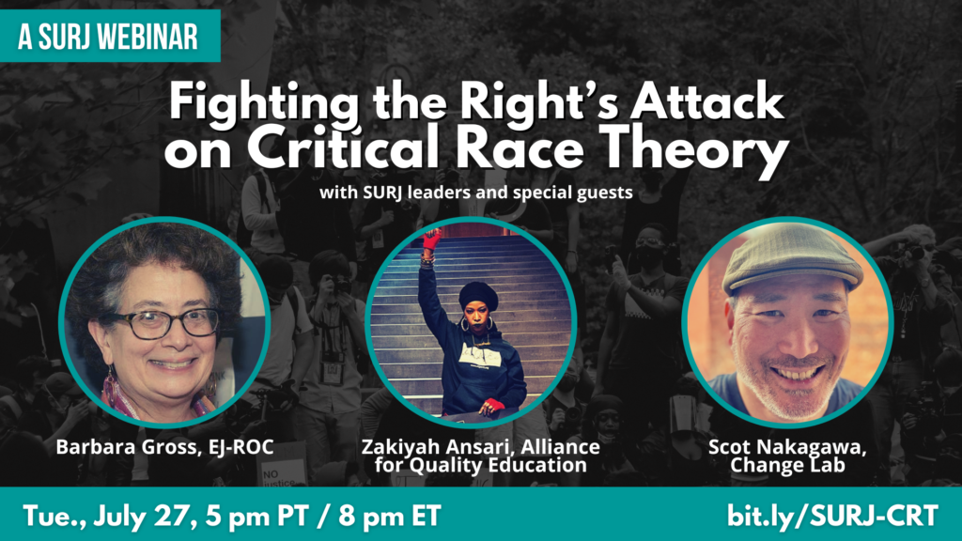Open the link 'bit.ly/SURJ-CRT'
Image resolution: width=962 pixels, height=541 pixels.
click(831, 516)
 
